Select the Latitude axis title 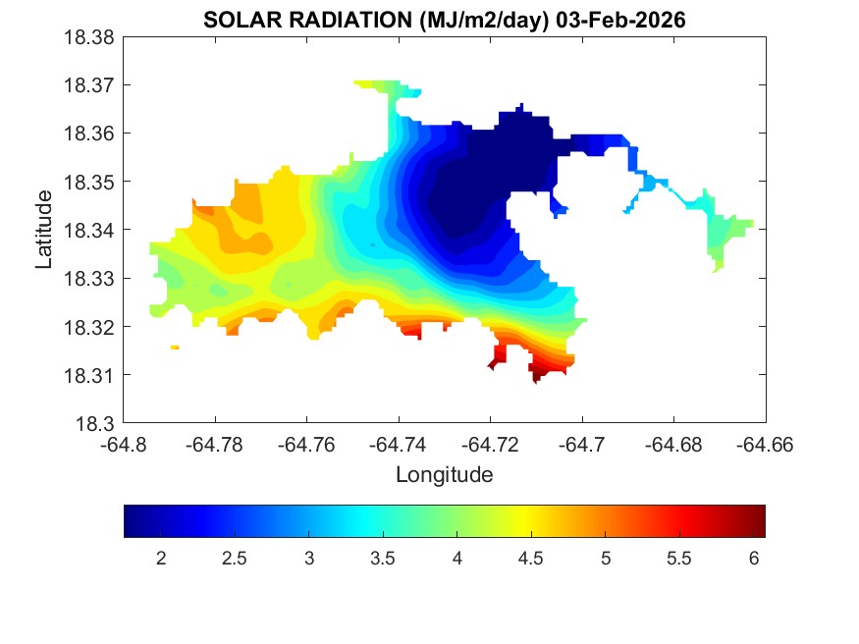[44, 231]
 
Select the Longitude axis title [444, 475]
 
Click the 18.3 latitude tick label [99, 424]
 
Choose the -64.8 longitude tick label [125, 445]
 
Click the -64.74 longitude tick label [398, 445]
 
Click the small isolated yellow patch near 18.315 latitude [175, 348]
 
